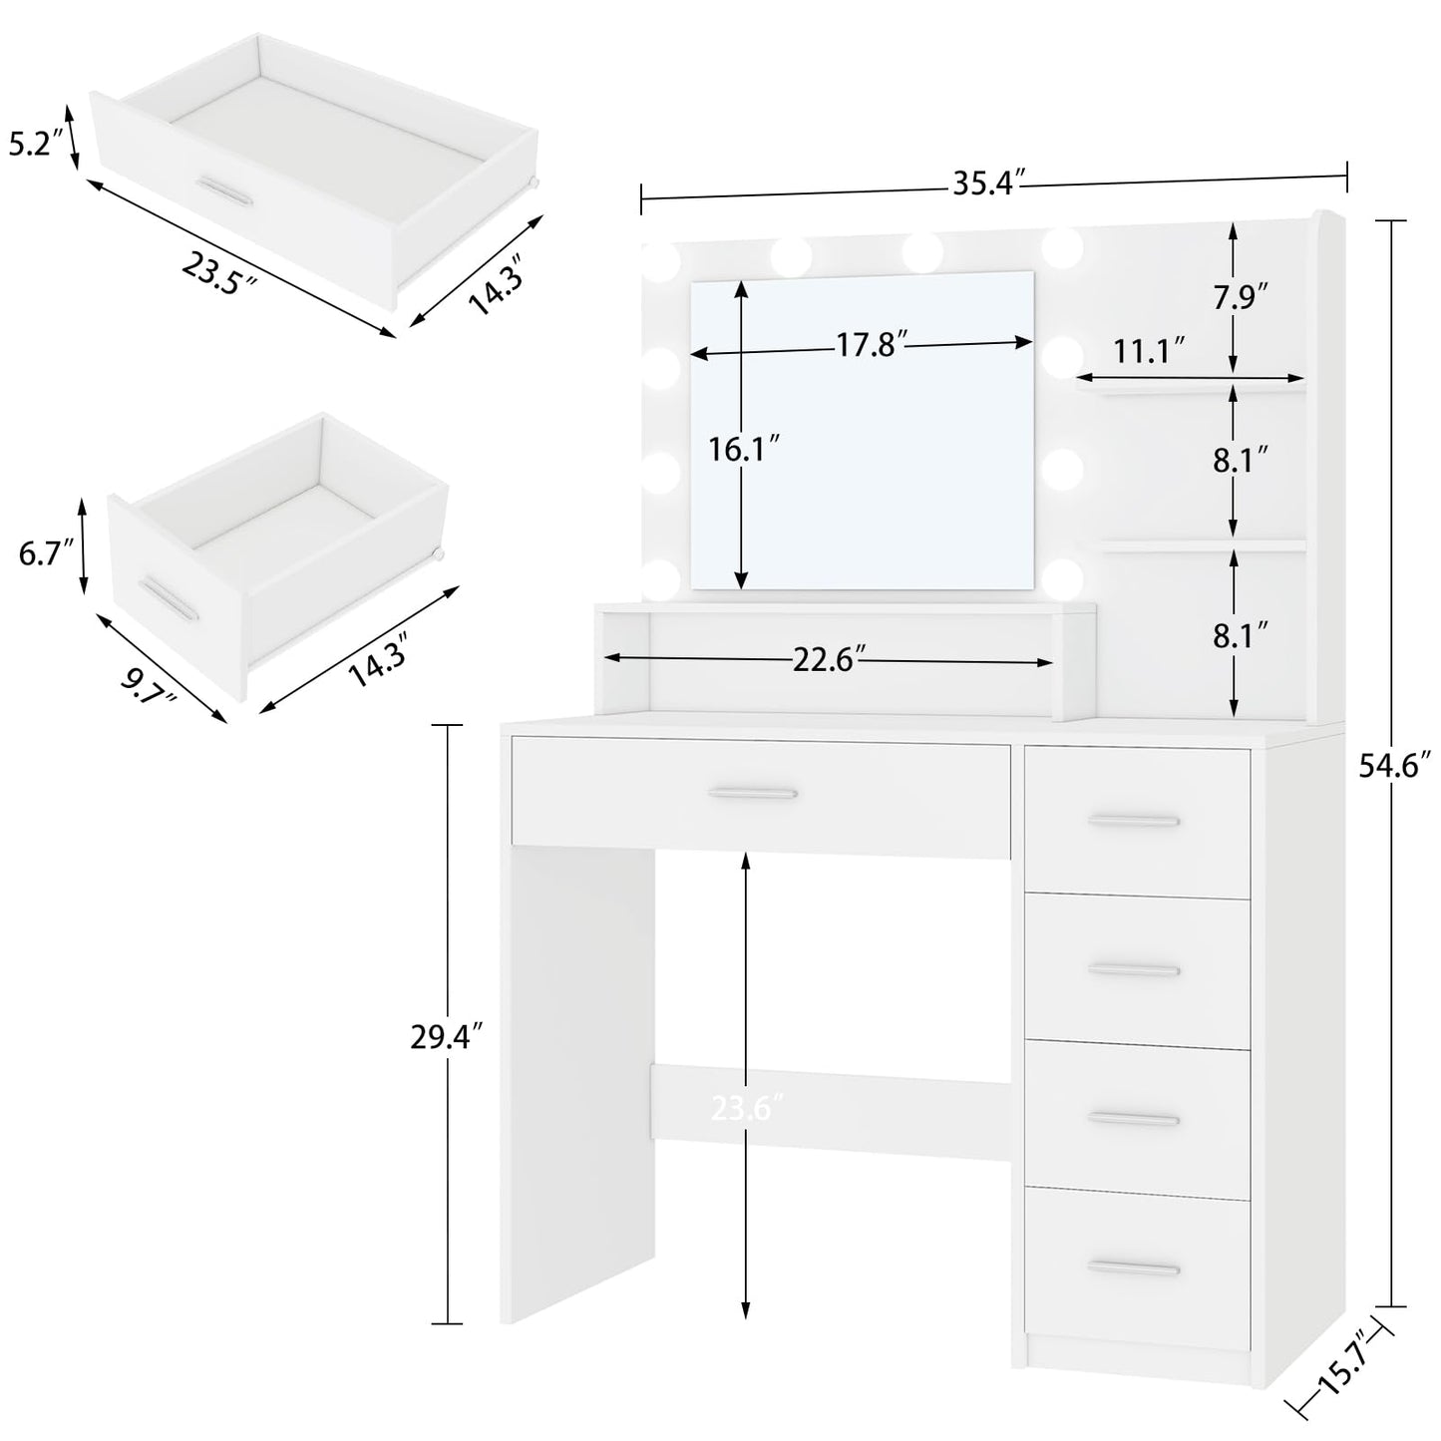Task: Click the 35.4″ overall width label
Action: (x=989, y=183)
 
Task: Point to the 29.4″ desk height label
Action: (x=447, y=1038)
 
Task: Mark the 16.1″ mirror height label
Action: (x=744, y=450)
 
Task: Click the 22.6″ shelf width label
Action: (x=829, y=660)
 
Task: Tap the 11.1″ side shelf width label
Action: (x=1150, y=351)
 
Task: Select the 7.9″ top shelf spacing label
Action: (x=1241, y=299)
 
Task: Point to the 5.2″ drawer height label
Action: (x=30, y=144)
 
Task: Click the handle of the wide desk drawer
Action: (x=753, y=793)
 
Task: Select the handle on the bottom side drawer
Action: (x=1134, y=1267)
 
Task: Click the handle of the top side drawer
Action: (x=1134, y=821)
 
